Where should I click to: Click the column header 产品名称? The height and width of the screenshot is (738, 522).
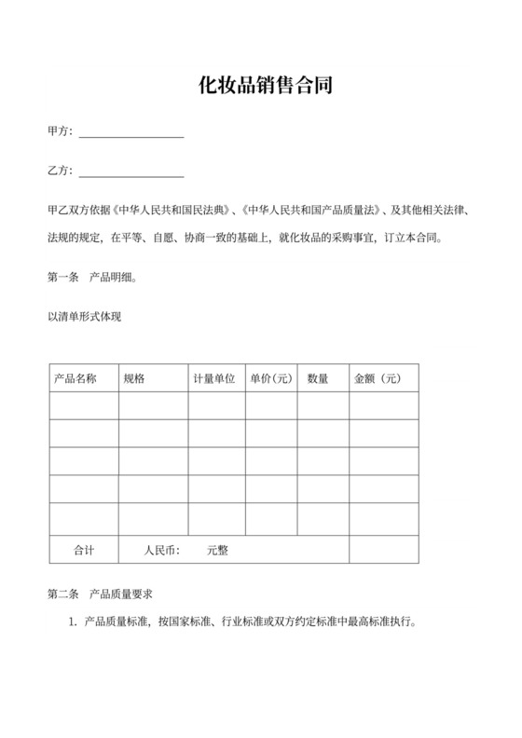click(x=76, y=378)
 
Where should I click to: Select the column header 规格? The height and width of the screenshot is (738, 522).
click(x=134, y=378)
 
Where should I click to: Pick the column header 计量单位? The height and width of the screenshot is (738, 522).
click(x=213, y=378)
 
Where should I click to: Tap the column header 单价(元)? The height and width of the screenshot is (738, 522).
click(x=271, y=378)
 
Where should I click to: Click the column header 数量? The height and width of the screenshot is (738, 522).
click(x=318, y=378)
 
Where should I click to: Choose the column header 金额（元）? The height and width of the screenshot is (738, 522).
click(x=378, y=378)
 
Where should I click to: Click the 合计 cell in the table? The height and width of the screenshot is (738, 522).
click(x=84, y=550)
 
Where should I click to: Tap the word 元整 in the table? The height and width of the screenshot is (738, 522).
click(x=217, y=550)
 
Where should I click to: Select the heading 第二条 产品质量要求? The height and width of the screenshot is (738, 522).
click(x=106, y=594)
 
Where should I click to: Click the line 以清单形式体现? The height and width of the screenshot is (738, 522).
click(x=85, y=317)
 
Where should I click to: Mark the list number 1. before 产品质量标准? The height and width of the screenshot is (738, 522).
click(x=72, y=621)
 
